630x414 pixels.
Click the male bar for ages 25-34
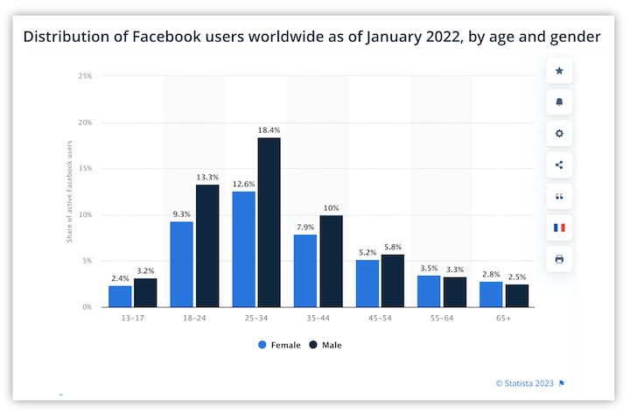point(269,222)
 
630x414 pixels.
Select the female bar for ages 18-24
point(181,264)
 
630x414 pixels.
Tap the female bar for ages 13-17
point(120,296)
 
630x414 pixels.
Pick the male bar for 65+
point(517,296)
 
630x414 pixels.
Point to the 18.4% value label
point(269,130)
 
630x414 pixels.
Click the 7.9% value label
point(304,226)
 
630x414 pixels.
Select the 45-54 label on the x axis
point(381,319)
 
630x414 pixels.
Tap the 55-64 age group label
point(443,319)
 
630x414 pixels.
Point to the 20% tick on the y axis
point(86,123)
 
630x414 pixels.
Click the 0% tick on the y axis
point(87,307)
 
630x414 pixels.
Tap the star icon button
point(559,71)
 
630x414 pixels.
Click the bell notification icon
point(559,102)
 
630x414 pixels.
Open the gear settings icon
point(559,134)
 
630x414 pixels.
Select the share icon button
point(559,165)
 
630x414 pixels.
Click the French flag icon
point(559,228)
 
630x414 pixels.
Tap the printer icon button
point(559,259)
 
